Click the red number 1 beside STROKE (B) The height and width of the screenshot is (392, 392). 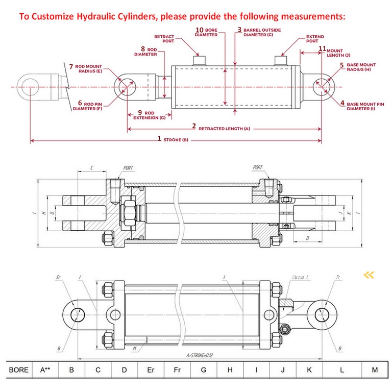159,138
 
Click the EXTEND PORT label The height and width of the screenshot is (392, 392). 315,39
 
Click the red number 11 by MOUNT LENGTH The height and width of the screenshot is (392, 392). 322,48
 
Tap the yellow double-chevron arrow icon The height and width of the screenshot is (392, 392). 369,275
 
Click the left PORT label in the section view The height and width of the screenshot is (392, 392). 129,167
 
